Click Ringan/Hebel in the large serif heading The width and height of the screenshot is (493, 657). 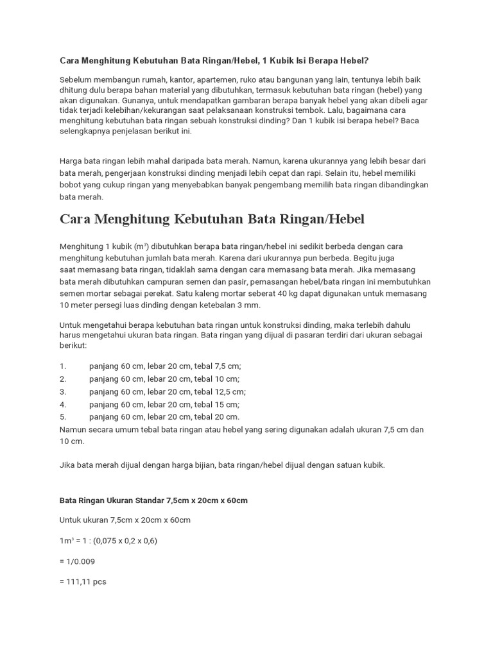click(322, 219)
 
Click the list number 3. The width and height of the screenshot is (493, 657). click(63, 391)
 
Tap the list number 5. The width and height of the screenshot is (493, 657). click(63, 417)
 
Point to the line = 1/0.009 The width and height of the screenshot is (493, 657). click(79, 561)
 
